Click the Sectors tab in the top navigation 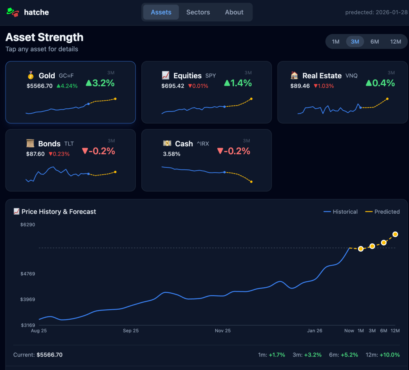pyautogui.click(x=198, y=12)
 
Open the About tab pyautogui.click(x=234, y=12)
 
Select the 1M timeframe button pyautogui.click(x=336, y=42)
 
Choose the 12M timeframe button pyautogui.click(x=395, y=42)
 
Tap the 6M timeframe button pyautogui.click(x=375, y=42)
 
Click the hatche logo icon pyautogui.click(x=13, y=12)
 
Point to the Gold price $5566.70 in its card pyautogui.click(x=40, y=86)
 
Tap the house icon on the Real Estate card pyautogui.click(x=294, y=76)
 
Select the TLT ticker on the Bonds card pyautogui.click(x=69, y=144)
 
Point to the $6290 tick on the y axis pyautogui.click(x=28, y=225)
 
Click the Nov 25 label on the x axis pyautogui.click(x=222, y=331)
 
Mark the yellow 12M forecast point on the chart pyautogui.click(x=395, y=234)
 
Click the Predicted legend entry pyautogui.click(x=383, y=212)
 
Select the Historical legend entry pyautogui.click(x=341, y=212)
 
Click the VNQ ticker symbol pyautogui.click(x=351, y=76)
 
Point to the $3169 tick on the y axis pyautogui.click(x=28, y=325)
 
